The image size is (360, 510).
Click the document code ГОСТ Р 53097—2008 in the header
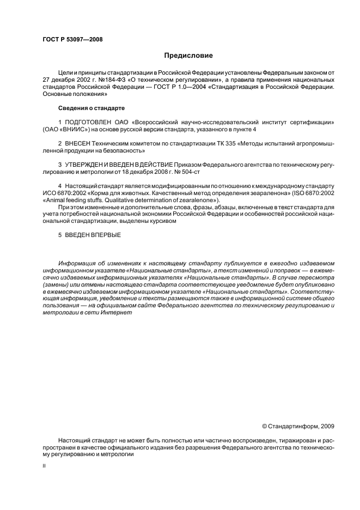point(72,39)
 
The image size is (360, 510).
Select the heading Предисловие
point(188,56)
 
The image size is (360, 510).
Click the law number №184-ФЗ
point(109,80)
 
